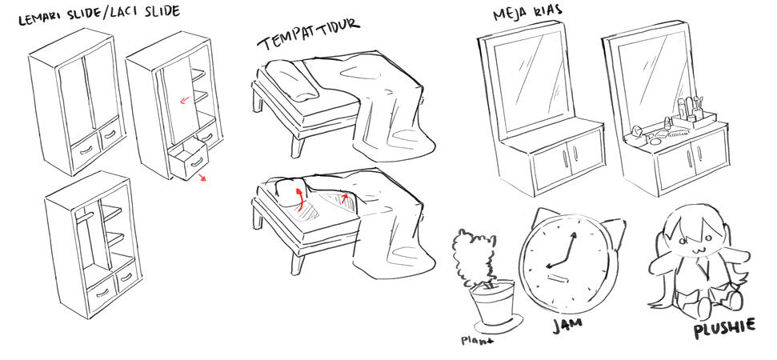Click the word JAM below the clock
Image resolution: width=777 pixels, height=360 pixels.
click(566, 324)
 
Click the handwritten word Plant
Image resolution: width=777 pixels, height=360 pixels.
click(478, 339)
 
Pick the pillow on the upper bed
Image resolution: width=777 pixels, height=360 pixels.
click(293, 81)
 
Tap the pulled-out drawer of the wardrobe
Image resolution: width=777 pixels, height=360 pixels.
click(186, 160)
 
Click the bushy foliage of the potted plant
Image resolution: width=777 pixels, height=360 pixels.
click(474, 255)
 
